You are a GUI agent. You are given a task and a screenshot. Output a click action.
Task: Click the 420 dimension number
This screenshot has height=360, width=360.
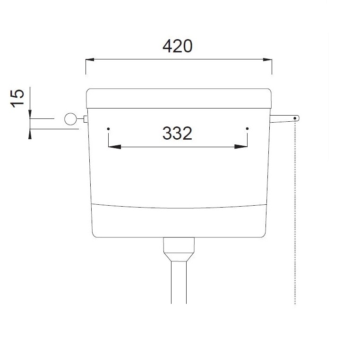pyautogui.click(x=178, y=46)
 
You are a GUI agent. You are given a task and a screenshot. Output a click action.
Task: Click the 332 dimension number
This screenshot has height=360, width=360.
pyautogui.click(x=177, y=133)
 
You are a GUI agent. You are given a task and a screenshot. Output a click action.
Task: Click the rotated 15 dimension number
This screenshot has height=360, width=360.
pyautogui.click(x=17, y=98)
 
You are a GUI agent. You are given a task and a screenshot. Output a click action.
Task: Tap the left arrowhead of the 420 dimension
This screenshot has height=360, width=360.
pyautogui.click(x=90, y=60)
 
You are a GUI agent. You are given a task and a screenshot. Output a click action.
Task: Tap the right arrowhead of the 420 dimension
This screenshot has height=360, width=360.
pyautogui.click(x=267, y=60)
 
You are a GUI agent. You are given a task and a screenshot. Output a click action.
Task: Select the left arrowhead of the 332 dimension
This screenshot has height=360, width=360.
pyautogui.click(x=114, y=147)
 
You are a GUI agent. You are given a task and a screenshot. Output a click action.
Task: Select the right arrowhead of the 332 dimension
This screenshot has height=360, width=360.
pyautogui.click(x=241, y=147)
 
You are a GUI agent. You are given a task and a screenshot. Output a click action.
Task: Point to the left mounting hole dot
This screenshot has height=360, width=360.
pyautogui.click(x=108, y=129)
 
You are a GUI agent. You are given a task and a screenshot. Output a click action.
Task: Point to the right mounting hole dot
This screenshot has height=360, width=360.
pyautogui.click(x=247, y=128)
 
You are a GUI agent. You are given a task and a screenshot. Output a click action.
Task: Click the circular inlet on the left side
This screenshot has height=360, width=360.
pyautogui.click(x=70, y=119)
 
